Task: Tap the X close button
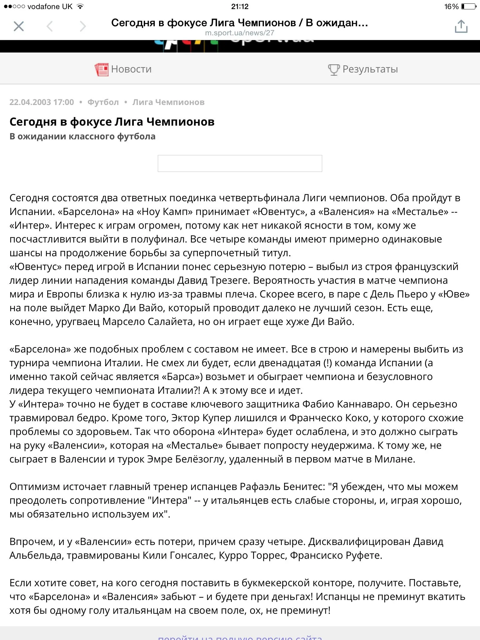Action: click(19, 27)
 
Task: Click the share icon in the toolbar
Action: click(461, 27)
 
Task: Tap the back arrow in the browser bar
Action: click(50, 27)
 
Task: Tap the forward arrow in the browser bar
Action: click(82, 27)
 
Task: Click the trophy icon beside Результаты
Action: click(333, 69)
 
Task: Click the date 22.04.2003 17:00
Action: click(42, 102)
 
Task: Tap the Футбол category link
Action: click(103, 102)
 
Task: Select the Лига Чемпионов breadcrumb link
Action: click(168, 102)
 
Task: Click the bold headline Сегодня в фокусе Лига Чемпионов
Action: click(112, 122)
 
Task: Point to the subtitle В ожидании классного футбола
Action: click(82, 136)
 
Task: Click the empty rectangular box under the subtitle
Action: click(240, 163)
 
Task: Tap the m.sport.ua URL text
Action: click(240, 33)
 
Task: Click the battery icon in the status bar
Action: click(468, 6)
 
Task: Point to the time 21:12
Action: click(240, 6)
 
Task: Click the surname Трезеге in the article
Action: click(229, 280)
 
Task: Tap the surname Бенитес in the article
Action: click(303, 487)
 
